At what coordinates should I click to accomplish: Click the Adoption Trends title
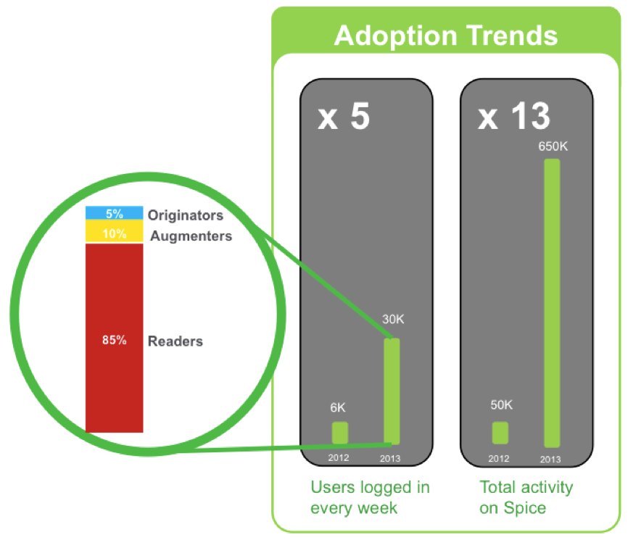pyautogui.click(x=446, y=36)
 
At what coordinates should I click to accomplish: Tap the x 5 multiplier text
pyautogui.click(x=344, y=116)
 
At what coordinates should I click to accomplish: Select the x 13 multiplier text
pyautogui.click(x=514, y=116)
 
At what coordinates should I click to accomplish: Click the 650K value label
pyautogui.click(x=553, y=146)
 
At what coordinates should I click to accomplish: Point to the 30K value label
pyautogui.click(x=393, y=320)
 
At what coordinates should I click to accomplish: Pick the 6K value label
pyautogui.click(x=338, y=408)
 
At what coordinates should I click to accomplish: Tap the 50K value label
pyautogui.click(x=501, y=405)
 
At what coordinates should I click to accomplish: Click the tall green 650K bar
pyautogui.click(x=552, y=303)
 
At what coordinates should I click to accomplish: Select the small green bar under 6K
pyautogui.click(x=340, y=433)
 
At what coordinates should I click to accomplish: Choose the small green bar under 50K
pyautogui.click(x=500, y=433)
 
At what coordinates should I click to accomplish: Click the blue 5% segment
pyautogui.click(x=114, y=212)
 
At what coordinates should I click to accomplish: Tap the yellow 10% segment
pyautogui.click(x=114, y=231)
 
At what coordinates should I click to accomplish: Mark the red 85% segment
pyautogui.click(x=114, y=338)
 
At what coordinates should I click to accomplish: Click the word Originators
pyautogui.click(x=186, y=215)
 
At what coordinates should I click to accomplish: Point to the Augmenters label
pyautogui.click(x=191, y=236)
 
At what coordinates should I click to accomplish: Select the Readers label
pyautogui.click(x=175, y=341)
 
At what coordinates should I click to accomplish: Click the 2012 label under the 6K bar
pyautogui.click(x=339, y=458)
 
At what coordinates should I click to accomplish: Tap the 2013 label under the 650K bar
pyautogui.click(x=550, y=460)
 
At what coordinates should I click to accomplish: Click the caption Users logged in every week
pyautogui.click(x=370, y=497)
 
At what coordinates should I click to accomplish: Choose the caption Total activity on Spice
pyautogui.click(x=526, y=497)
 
